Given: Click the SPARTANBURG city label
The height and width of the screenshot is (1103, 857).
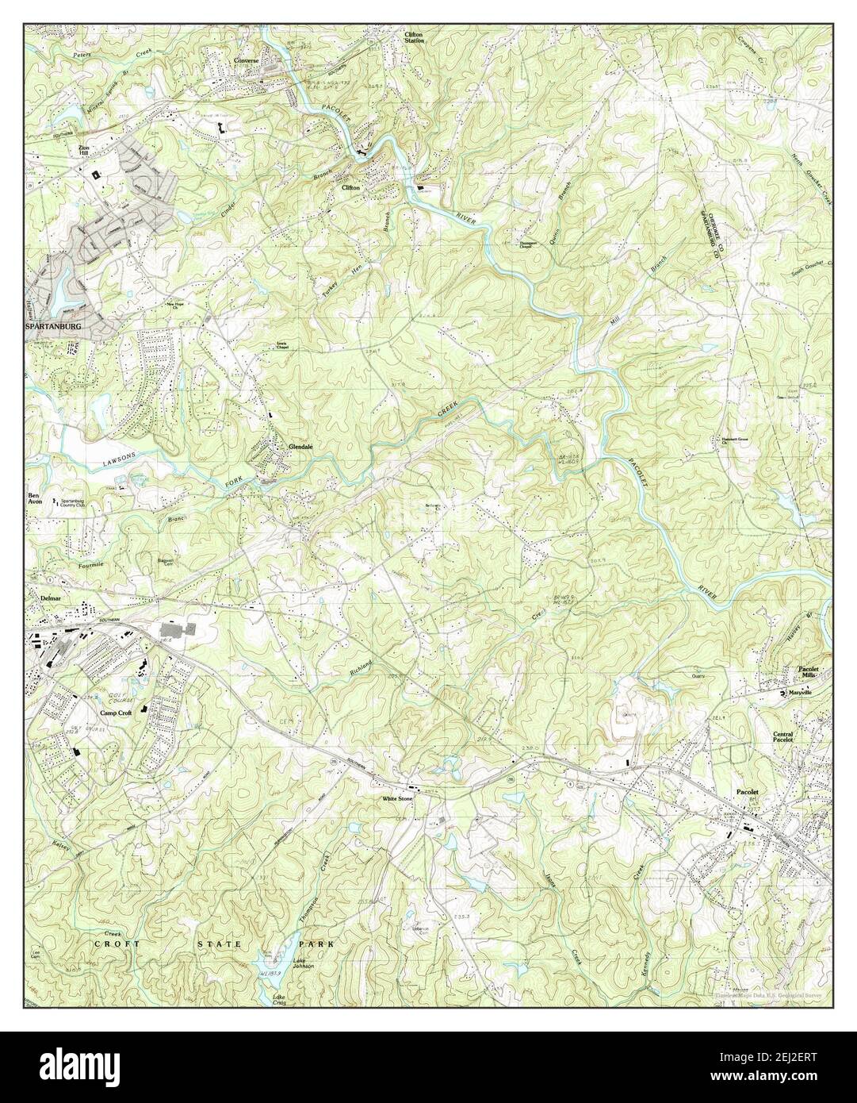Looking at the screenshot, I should (x=53, y=326).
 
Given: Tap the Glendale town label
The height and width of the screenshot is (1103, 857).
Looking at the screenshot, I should (x=300, y=448).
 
